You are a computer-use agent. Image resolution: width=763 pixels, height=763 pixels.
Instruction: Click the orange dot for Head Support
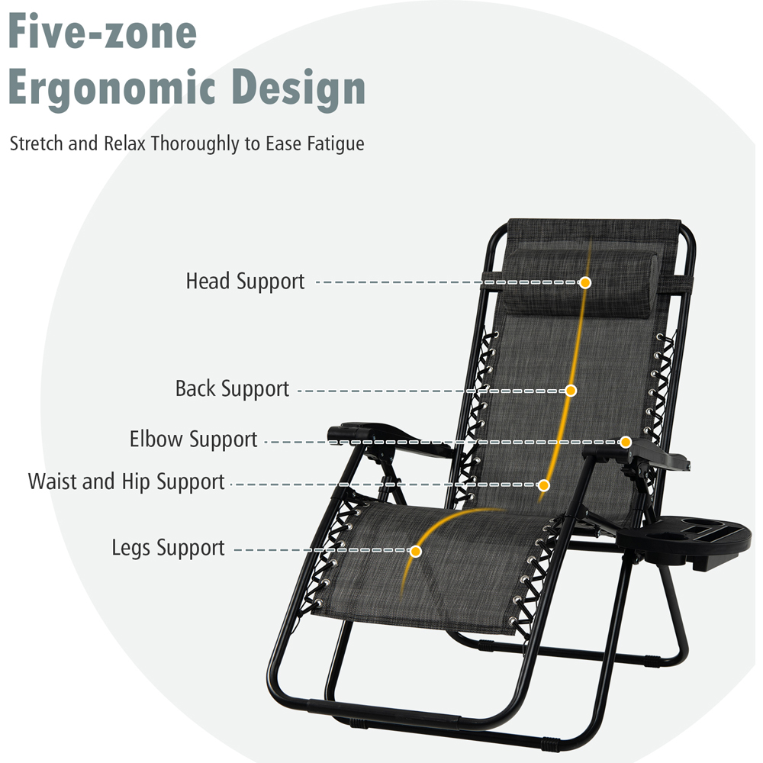(585, 283)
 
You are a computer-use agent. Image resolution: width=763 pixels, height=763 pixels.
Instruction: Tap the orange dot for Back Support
(571, 391)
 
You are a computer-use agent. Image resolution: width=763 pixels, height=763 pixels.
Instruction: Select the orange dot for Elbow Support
(626, 442)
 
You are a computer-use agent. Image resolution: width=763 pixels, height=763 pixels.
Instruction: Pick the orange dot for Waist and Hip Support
(544, 485)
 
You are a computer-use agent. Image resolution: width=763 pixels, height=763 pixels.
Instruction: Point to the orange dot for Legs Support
(416, 552)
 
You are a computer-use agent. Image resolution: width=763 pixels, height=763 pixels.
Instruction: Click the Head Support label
(245, 282)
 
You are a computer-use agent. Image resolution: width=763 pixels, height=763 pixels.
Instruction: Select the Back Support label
(232, 389)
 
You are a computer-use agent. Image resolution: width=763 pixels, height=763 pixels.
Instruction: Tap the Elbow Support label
(193, 439)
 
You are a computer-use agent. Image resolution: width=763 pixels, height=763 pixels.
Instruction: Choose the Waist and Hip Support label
(126, 481)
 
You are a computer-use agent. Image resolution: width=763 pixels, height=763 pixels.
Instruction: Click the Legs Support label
(168, 548)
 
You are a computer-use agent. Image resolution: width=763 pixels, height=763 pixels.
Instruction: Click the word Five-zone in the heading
(102, 31)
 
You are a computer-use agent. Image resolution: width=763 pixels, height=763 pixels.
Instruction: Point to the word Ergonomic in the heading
(111, 88)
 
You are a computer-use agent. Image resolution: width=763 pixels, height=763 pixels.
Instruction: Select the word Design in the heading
(298, 87)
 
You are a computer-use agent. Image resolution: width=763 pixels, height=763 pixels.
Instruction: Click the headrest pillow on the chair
(580, 285)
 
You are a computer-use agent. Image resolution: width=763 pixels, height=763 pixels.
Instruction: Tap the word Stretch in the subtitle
(37, 143)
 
